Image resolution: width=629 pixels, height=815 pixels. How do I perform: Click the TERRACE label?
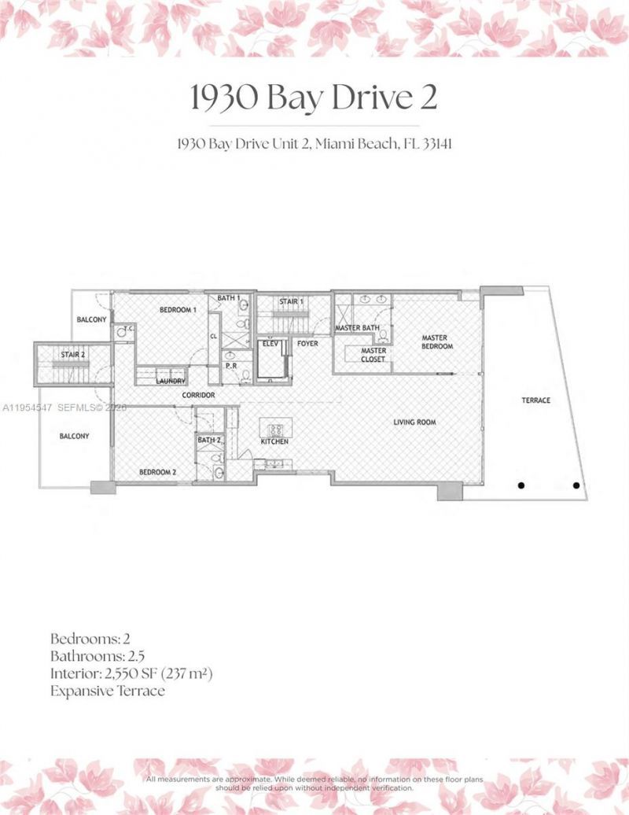pyautogui.click(x=536, y=400)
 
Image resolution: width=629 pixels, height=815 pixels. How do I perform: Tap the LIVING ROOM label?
pyautogui.click(x=414, y=422)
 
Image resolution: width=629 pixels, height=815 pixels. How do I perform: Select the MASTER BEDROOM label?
pyautogui.click(x=436, y=341)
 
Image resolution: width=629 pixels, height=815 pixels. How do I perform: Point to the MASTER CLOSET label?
pyautogui.click(x=373, y=355)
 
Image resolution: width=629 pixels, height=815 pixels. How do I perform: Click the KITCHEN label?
pyautogui.click(x=275, y=442)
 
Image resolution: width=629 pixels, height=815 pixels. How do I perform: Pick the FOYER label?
pyautogui.click(x=307, y=343)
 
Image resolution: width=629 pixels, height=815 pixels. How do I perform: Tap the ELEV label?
pyautogui.click(x=271, y=343)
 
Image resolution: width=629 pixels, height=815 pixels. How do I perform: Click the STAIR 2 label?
pyautogui.click(x=73, y=355)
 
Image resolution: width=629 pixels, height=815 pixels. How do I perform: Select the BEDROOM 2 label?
pyautogui.click(x=156, y=472)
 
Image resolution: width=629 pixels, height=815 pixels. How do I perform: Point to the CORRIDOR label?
pyautogui.click(x=198, y=394)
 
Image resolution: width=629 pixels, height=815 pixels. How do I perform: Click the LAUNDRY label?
pyautogui.click(x=170, y=381)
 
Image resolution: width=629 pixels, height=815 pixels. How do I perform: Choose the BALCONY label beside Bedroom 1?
pyautogui.click(x=91, y=319)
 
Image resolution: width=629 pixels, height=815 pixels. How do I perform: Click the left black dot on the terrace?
pyautogui.click(x=521, y=485)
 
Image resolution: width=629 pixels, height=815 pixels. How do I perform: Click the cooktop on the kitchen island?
pyautogui.click(x=277, y=430)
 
